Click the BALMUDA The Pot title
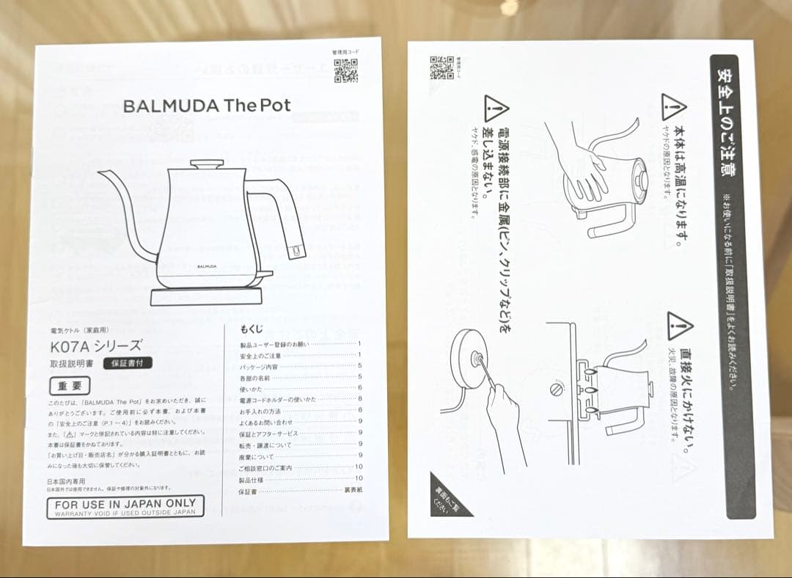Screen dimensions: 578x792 tap(207, 106)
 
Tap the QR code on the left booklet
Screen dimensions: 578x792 tap(347, 71)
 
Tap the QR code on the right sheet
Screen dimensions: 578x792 tap(441, 68)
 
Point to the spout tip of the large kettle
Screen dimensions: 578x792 tap(102, 172)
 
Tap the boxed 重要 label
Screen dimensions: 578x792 tap(70, 385)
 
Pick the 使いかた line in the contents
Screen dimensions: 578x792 tap(251, 388)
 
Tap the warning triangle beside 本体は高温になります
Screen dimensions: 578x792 tap(672, 108)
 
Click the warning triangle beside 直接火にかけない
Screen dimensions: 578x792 tap(680, 326)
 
